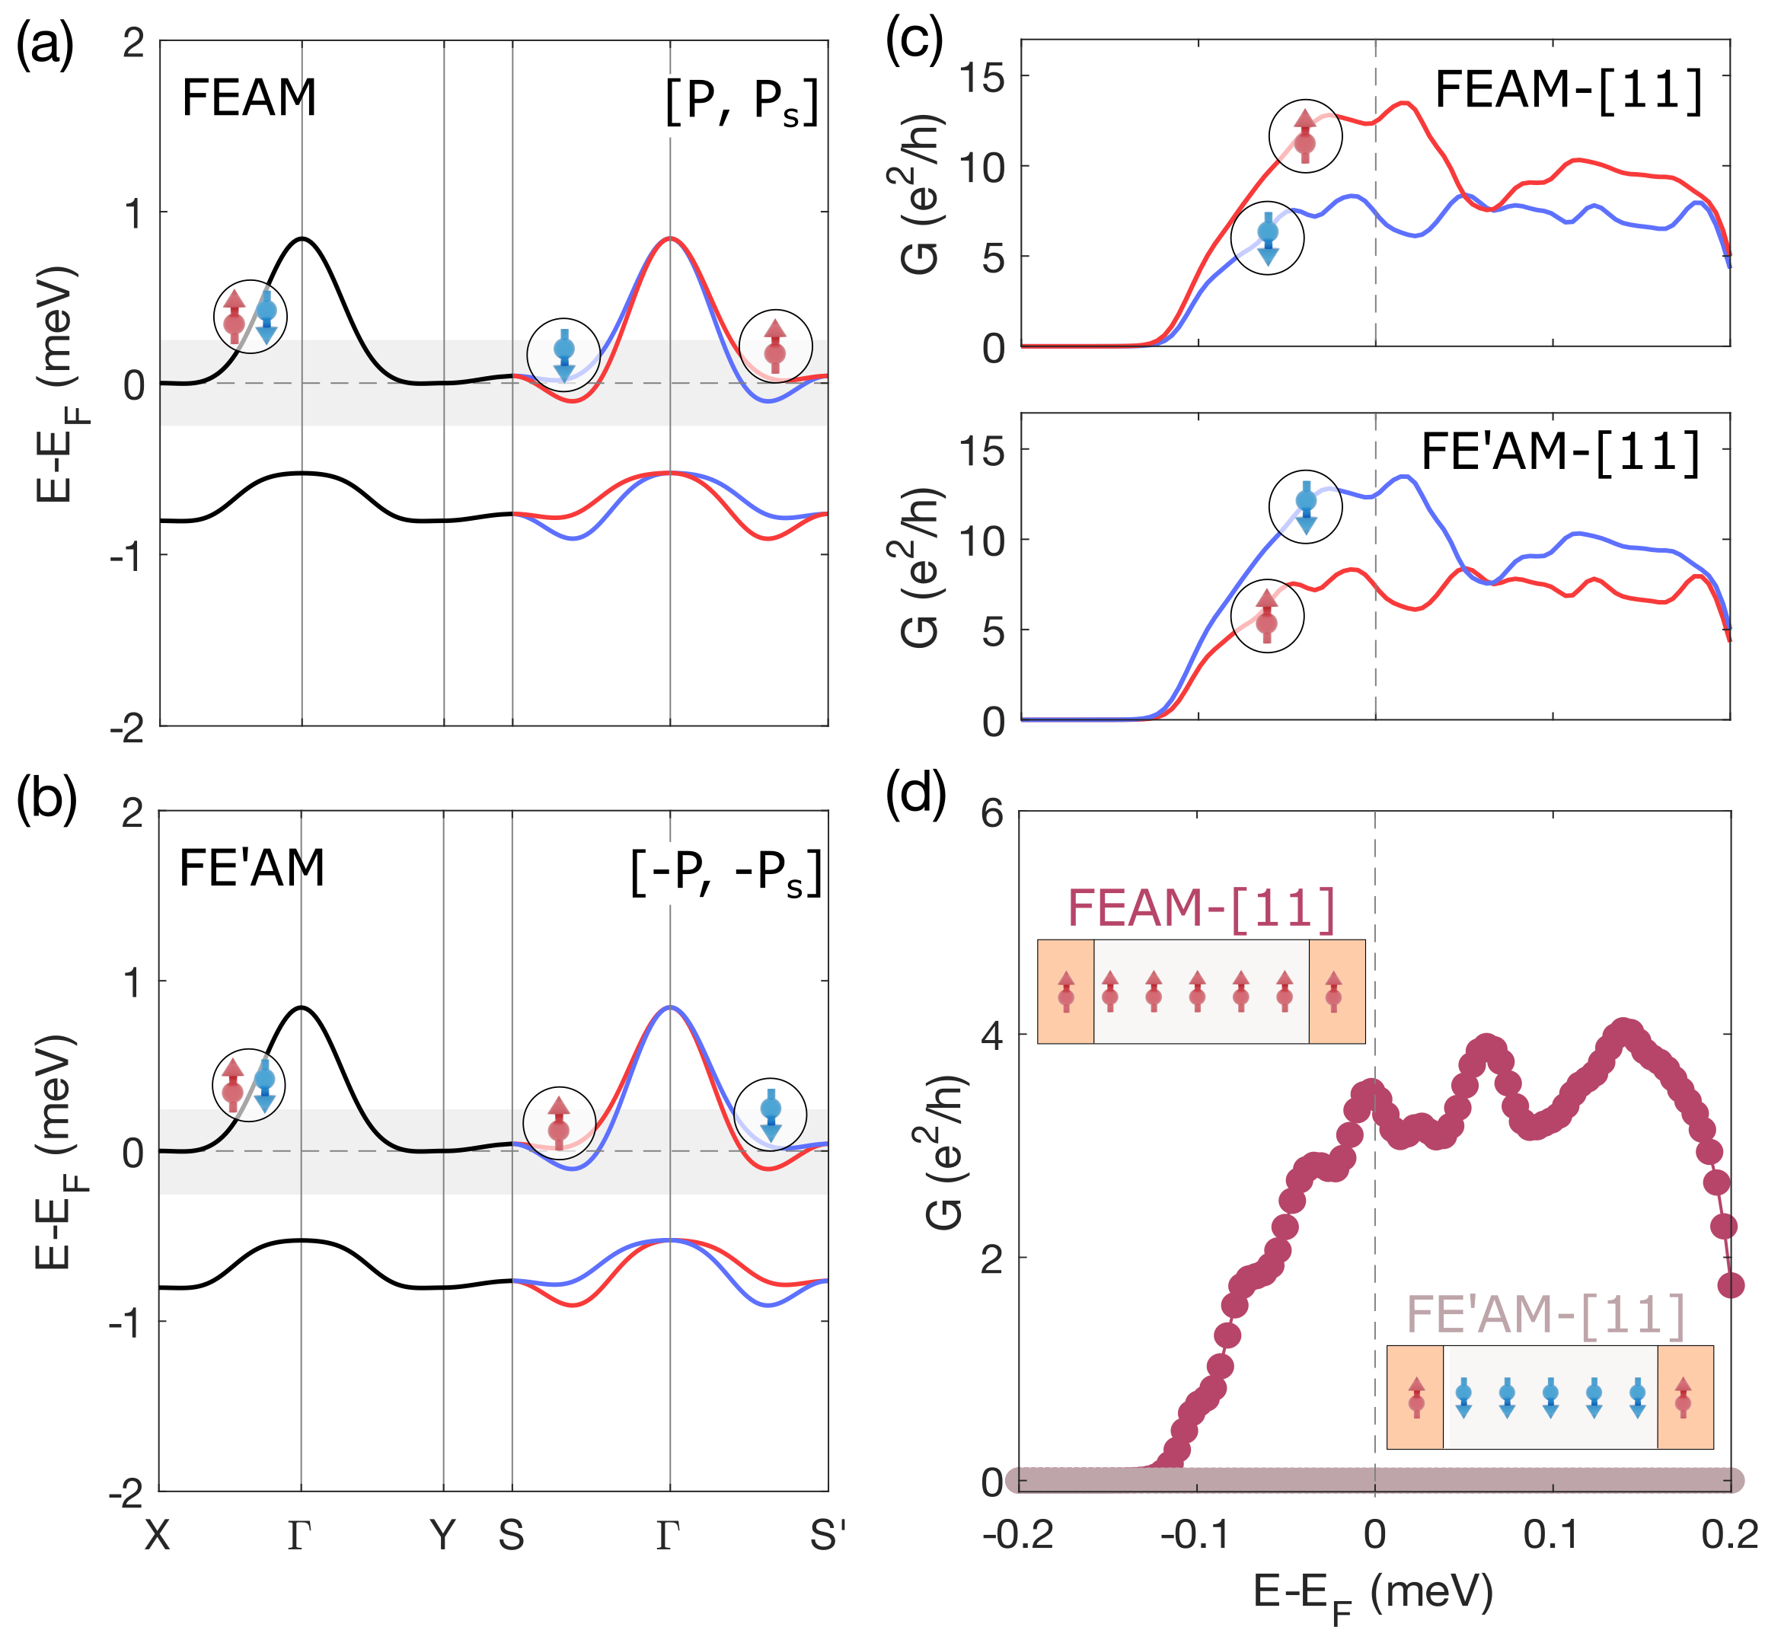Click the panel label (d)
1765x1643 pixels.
(x=915, y=793)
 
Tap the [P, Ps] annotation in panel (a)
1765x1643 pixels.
(x=742, y=102)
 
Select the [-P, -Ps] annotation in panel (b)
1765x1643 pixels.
(x=726, y=873)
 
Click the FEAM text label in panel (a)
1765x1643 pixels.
(x=248, y=97)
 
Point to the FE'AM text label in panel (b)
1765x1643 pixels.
(x=251, y=868)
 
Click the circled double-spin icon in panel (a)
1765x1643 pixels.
(x=251, y=317)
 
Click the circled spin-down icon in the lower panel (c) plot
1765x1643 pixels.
(x=1305, y=507)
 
